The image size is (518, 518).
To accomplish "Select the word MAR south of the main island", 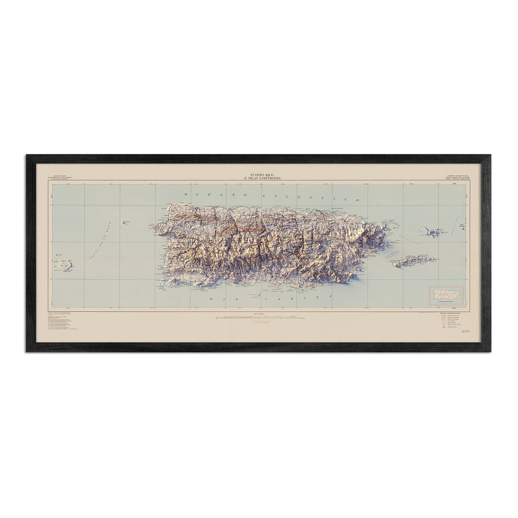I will click(220, 299).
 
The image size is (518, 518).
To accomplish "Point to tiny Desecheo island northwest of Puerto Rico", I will click(126, 223).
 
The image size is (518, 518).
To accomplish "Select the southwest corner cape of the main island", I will click(162, 285).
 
